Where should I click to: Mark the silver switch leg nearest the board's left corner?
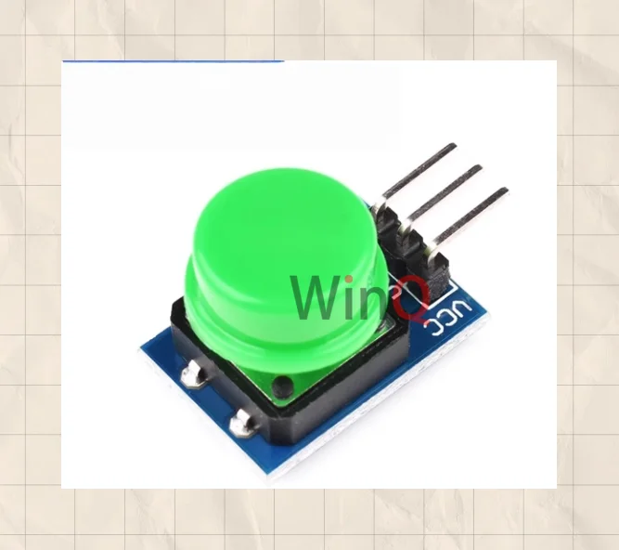(193, 374)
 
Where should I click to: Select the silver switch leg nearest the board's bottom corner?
(243, 423)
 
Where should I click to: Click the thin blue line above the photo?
(173, 61)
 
